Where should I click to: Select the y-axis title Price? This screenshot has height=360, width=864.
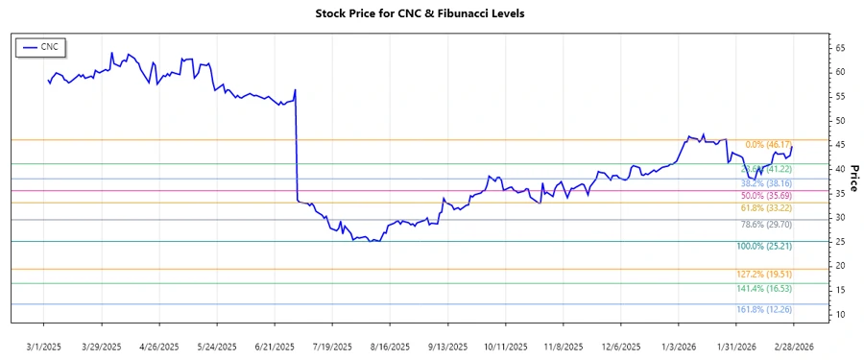[852, 177]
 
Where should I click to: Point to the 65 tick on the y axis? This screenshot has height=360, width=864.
[838, 48]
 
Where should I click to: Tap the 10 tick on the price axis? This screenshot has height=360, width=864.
[838, 315]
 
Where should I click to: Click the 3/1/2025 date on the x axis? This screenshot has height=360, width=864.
[44, 346]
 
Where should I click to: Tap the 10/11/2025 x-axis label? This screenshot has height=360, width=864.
[505, 346]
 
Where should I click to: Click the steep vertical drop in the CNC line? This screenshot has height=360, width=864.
[296, 144]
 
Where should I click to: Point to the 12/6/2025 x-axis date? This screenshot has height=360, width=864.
[620, 346]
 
